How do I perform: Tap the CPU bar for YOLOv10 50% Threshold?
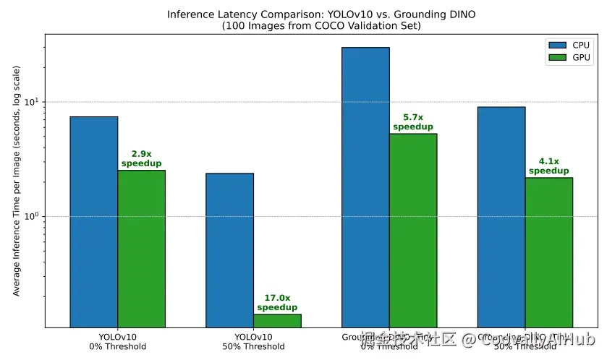(229, 249)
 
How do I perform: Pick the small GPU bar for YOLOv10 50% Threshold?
(277, 320)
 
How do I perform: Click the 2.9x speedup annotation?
(141, 158)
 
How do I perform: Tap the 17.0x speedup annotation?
(277, 302)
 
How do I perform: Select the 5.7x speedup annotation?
(413, 121)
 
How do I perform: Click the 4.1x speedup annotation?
(548, 166)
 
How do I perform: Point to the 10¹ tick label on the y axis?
(33, 101)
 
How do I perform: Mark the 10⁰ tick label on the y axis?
(33, 216)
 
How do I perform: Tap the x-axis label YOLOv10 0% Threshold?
(117, 341)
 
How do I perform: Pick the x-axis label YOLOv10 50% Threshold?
(253, 341)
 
